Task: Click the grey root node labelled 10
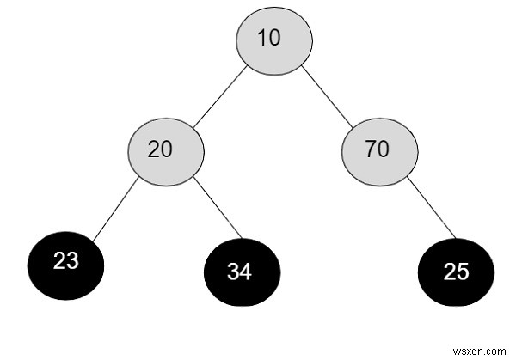click(274, 41)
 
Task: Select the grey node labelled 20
click(166, 150)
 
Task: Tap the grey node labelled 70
click(379, 150)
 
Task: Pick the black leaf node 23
click(66, 262)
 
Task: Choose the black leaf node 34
click(242, 272)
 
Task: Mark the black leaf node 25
click(456, 272)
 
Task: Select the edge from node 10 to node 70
click(329, 96)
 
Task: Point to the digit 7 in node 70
click(372, 149)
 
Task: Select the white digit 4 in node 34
click(248, 272)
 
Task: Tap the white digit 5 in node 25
click(463, 272)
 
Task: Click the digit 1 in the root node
click(267, 40)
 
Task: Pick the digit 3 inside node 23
click(72, 260)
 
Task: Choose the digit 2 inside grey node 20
click(155, 149)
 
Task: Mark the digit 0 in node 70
click(384, 149)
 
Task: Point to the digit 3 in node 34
click(234, 272)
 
